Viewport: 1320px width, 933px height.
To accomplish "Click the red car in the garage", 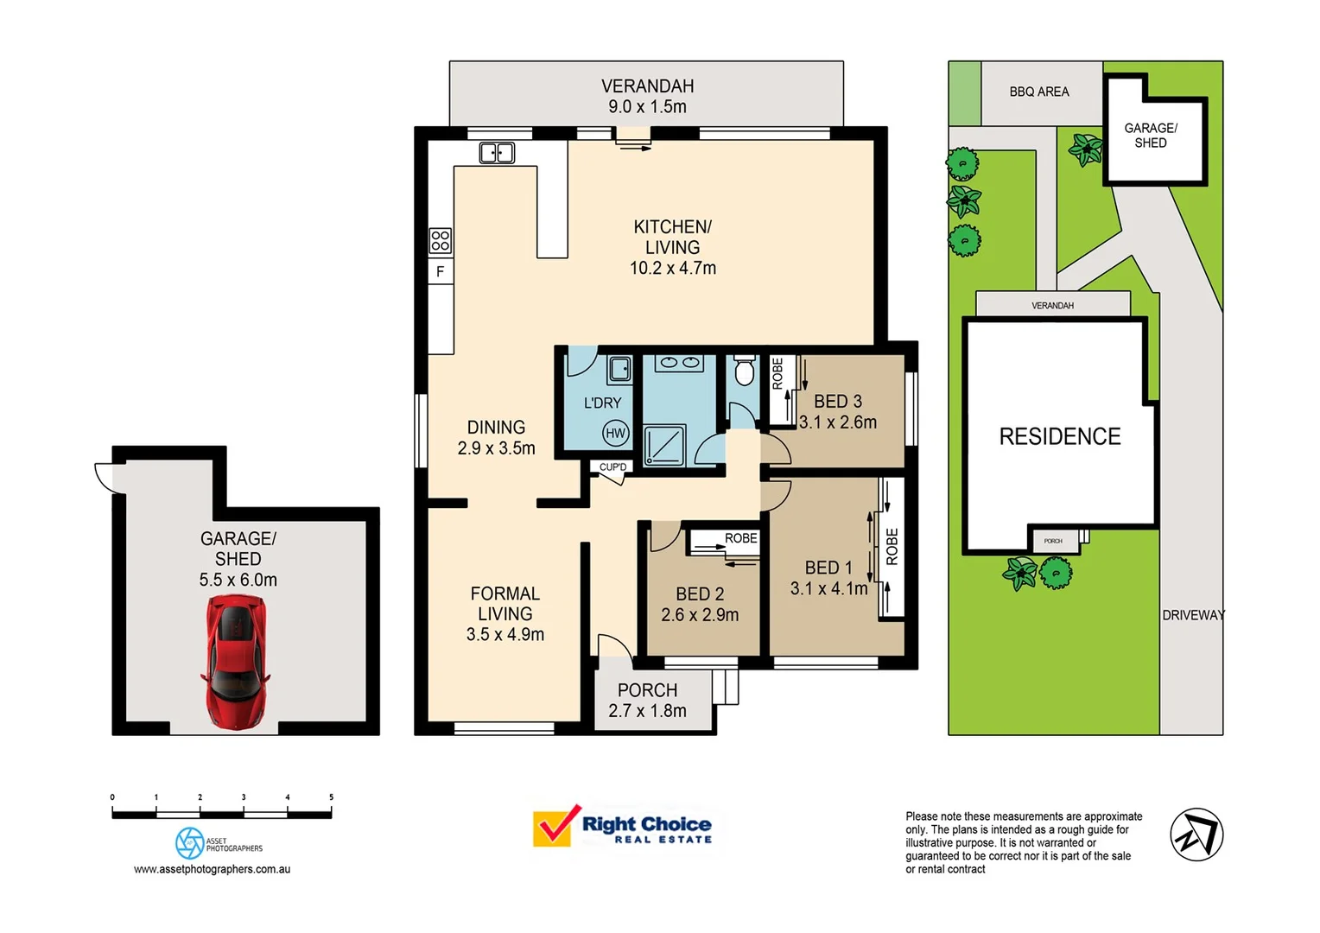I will pos(235,661).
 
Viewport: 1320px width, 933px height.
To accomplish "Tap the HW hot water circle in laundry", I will pos(615,434).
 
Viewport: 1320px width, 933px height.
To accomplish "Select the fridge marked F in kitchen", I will pos(440,271).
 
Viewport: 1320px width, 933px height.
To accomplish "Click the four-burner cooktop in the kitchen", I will pos(440,240).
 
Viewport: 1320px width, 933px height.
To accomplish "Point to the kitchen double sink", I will pos(497,153).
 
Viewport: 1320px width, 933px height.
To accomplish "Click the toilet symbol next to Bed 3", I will pos(744,371).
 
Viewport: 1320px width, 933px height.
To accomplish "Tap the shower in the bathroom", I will pos(664,445).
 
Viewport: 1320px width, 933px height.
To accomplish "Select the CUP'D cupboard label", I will pos(613,467).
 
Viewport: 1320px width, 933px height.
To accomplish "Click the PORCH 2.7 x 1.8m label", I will pos(647,701).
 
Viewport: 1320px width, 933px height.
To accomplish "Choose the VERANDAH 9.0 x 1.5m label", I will pos(647,96).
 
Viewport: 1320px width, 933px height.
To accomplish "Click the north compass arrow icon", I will pos(1196,835).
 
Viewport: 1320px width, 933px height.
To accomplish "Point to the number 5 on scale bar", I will pos(331,797).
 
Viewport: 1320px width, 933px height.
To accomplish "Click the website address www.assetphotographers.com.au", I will pos(212,869).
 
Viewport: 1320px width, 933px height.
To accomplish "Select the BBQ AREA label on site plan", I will pos(1039,92).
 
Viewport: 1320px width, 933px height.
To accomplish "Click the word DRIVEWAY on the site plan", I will pos(1193,615).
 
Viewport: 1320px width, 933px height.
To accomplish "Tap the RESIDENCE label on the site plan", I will pos(1060,436).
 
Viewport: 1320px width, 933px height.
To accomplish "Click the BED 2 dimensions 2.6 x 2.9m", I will pos(700,615).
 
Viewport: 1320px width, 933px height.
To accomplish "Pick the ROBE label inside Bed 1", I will pos(892,546).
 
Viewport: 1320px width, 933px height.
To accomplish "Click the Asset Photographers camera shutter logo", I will pos(189,843).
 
